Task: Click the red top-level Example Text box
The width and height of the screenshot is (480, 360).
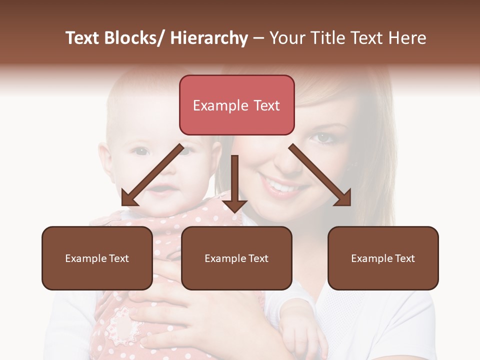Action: [236, 105]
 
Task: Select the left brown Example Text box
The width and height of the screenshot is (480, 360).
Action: [97, 258]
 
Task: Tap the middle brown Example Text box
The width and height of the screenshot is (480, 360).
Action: [236, 258]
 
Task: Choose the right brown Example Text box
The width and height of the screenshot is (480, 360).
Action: [383, 258]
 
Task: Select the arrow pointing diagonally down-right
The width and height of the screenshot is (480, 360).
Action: [320, 175]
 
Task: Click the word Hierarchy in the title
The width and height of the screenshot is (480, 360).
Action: [209, 38]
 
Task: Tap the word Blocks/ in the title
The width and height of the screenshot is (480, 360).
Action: [133, 38]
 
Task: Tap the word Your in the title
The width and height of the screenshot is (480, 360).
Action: [286, 38]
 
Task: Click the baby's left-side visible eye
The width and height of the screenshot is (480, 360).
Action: [141, 151]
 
